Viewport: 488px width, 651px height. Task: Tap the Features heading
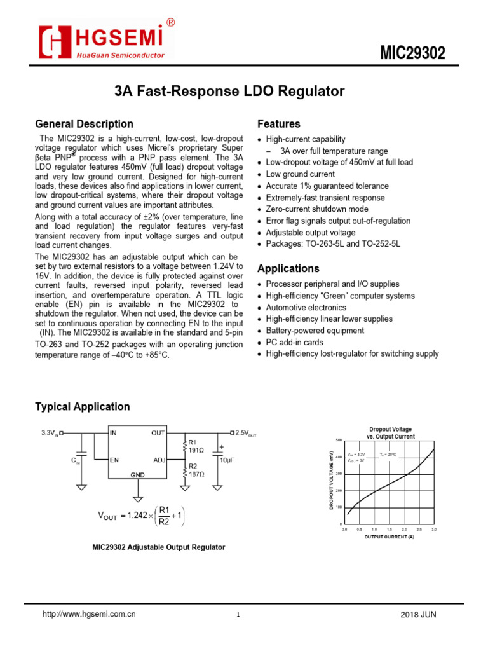pyautogui.click(x=278, y=124)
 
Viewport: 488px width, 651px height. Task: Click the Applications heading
pyautogui.click(x=288, y=268)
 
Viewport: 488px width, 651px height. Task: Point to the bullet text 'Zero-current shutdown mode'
pyautogui.click(x=316, y=209)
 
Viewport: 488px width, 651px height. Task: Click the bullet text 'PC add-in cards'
pyautogui.click(x=295, y=342)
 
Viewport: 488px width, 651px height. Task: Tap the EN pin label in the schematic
pyautogui.click(x=114, y=459)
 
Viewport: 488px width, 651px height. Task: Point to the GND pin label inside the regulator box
pyautogui.click(x=137, y=475)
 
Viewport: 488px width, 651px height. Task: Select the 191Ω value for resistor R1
pyautogui.click(x=196, y=450)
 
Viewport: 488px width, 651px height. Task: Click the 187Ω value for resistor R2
pyautogui.click(x=196, y=474)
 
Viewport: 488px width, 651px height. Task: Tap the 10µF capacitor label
pyautogui.click(x=227, y=459)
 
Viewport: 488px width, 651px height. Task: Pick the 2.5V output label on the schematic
pyautogui.click(x=245, y=433)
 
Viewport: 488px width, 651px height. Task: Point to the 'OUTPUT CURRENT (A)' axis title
pyautogui.click(x=389, y=537)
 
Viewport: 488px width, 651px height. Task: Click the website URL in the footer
pyautogui.click(x=89, y=615)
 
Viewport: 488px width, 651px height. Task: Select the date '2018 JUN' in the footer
pyautogui.click(x=419, y=615)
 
